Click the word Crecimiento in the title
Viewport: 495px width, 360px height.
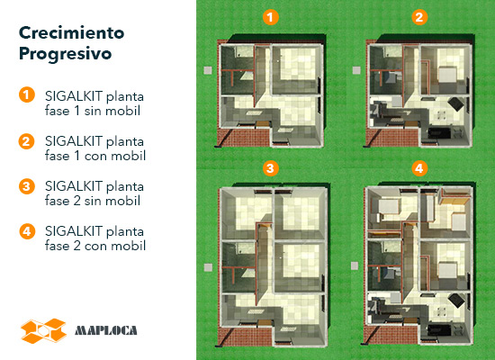(x=72, y=32)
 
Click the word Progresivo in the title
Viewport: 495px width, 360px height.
(x=66, y=54)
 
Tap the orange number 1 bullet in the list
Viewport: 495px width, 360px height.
(x=26, y=94)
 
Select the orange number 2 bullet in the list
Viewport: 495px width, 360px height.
(x=26, y=141)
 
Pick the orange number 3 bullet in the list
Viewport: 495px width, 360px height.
(x=26, y=186)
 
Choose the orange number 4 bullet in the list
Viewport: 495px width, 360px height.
(x=26, y=231)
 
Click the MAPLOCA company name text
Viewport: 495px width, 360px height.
(x=106, y=330)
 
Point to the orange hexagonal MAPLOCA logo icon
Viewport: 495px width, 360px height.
(x=43, y=331)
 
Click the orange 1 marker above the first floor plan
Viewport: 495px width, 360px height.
(x=271, y=17)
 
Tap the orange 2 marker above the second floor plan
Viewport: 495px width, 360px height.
(x=419, y=17)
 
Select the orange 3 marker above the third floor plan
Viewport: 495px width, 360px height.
(x=271, y=168)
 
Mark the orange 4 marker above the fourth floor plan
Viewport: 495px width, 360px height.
(x=419, y=168)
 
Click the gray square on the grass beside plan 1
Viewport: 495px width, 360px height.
(x=208, y=70)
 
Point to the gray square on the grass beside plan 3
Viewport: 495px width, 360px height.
(x=208, y=267)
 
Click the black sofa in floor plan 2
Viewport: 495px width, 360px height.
(x=439, y=132)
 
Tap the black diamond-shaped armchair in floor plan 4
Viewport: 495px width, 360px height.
(x=456, y=301)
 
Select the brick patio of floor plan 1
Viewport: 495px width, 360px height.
(x=244, y=138)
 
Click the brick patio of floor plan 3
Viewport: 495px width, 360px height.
(x=245, y=337)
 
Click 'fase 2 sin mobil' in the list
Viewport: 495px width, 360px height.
(x=93, y=201)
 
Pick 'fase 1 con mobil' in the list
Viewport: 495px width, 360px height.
(x=95, y=156)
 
